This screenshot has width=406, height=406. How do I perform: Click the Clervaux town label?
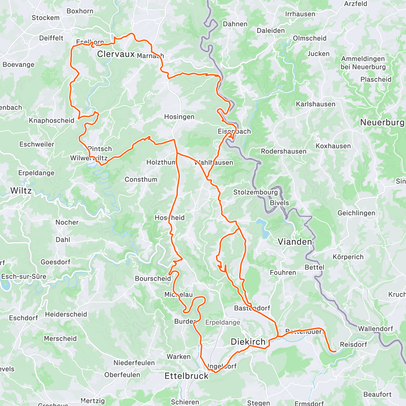(x=116, y=54)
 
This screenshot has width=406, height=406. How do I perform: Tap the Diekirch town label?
(x=248, y=342)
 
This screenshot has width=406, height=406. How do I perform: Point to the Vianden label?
(x=295, y=242)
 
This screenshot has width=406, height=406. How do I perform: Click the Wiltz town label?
(x=21, y=190)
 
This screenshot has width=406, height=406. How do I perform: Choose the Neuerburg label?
(x=382, y=122)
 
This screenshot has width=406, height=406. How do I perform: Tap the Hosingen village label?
(x=179, y=117)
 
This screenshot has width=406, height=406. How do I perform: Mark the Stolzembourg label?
(x=255, y=192)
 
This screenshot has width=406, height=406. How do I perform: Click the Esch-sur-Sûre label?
(x=24, y=276)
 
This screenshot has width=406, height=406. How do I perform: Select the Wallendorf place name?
(x=376, y=329)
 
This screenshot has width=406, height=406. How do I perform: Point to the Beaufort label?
(x=377, y=394)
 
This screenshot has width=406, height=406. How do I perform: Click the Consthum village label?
(x=141, y=179)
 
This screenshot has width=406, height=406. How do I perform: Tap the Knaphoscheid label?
(x=51, y=120)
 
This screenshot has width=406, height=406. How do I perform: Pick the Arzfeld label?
(x=356, y=4)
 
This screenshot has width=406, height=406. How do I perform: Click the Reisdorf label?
(x=353, y=344)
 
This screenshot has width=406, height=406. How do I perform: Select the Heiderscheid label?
(x=66, y=314)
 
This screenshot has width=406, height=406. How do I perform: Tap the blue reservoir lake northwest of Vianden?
(x=263, y=227)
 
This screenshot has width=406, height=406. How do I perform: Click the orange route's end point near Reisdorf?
(x=334, y=352)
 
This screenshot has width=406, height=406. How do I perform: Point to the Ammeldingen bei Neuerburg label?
(x=363, y=63)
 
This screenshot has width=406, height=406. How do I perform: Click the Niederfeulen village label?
(x=134, y=363)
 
